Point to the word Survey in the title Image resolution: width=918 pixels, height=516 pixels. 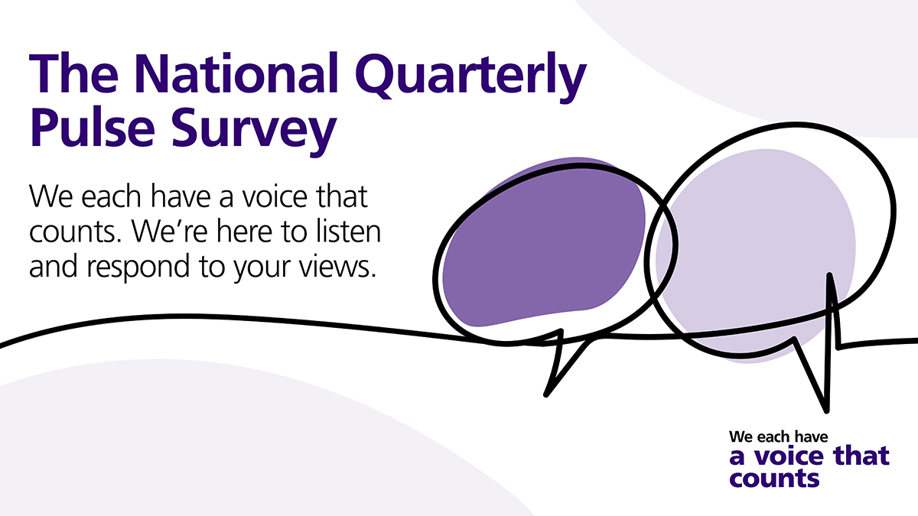pyautogui.click(x=254, y=131)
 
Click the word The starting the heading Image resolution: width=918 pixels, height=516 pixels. pyautogui.click(x=74, y=73)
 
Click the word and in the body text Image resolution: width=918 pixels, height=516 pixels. pyautogui.click(x=54, y=266)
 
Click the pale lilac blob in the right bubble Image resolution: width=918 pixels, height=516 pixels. pyautogui.click(x=755, y=254)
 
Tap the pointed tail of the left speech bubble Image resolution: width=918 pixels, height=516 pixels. pyautogui.click(x=546, y=395)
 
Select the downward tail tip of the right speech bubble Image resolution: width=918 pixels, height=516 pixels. pyautogui.click(x=826, y=411)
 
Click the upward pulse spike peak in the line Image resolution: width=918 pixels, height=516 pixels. pyautogui.click(x=829, y=274)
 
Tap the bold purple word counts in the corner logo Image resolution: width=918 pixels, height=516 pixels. pyautogui.click(x=774, y=479)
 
